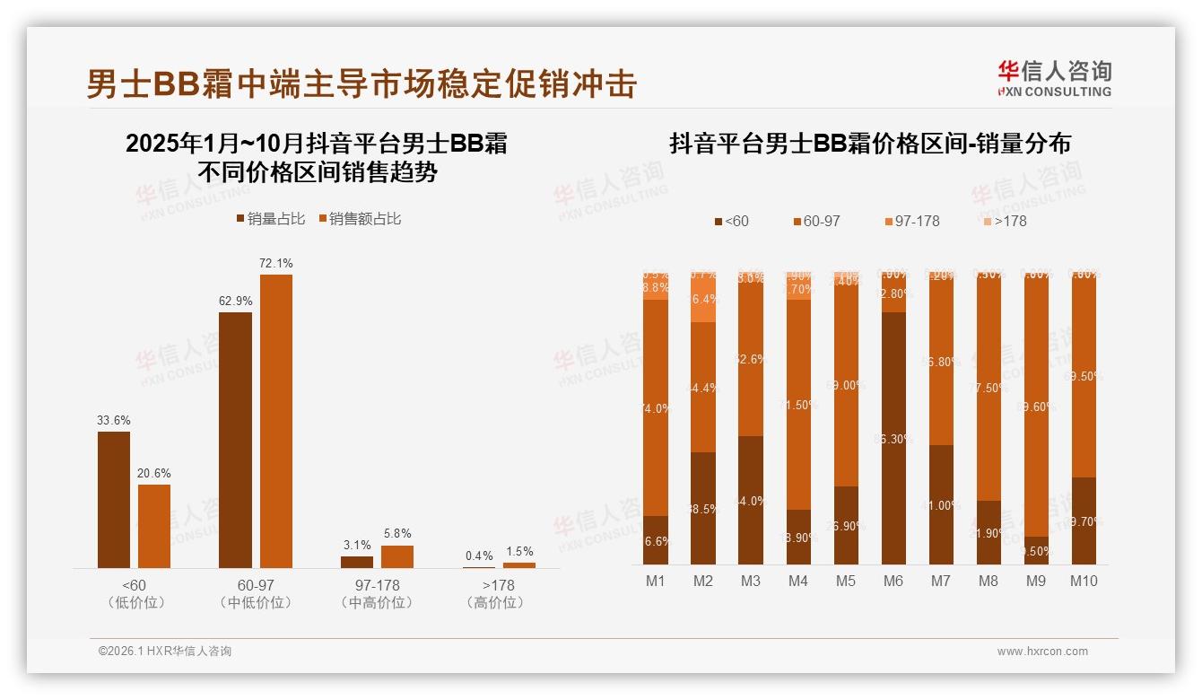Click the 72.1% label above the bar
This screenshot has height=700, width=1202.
tap(275, 263)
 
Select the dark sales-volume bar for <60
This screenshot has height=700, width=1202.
tap(113, 499)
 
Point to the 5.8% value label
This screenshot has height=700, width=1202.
tap(397, 534)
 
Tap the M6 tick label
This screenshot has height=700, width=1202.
tap(893, 581)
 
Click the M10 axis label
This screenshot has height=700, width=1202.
tap(1083, 581)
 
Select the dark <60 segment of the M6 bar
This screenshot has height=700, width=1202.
tap(893, 438)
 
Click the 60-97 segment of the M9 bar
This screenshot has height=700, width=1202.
tap(1035, 404)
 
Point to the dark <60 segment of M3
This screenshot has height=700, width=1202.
tap(750, 500)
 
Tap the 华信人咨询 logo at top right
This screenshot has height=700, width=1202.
tap(1054, 77)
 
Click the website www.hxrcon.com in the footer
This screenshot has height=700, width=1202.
tap(1042, 652)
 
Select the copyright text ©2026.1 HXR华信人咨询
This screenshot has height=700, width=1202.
tap(164, 652)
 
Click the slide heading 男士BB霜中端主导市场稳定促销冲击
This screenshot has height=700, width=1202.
tap(361, 83)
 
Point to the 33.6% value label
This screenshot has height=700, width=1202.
tap(114, 420)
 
